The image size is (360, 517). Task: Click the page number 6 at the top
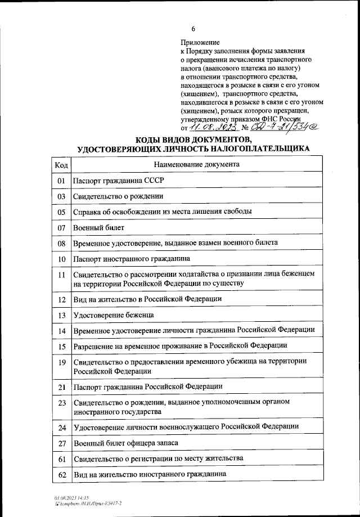click(193, 29)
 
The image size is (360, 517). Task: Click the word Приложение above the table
click(200, 42)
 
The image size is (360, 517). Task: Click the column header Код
click(61, 165)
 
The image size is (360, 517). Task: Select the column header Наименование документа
click(196, 164)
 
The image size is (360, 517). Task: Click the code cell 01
click(61, 181)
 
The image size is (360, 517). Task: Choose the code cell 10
click(61, 259)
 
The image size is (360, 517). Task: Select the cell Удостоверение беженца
click(113, 314)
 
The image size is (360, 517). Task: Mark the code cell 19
click(61, 361)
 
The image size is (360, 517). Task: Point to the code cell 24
click(61, 428)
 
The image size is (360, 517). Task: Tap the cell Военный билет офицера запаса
click(125, 443)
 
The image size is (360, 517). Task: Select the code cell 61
click(61, 459)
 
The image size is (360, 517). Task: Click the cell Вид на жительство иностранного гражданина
click(150, 474)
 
